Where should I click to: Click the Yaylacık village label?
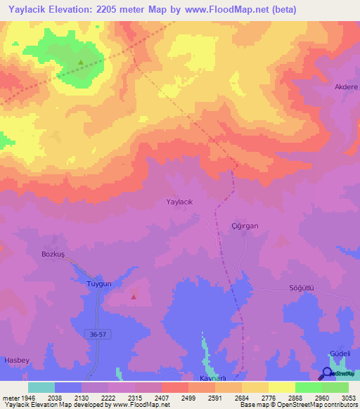179,202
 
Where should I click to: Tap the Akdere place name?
346,87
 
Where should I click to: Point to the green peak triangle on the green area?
81,63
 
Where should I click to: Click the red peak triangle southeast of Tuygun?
133,297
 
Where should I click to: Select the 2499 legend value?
188,398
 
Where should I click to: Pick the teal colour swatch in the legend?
41,387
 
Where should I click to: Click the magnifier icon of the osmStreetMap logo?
327,373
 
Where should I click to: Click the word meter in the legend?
11,398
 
